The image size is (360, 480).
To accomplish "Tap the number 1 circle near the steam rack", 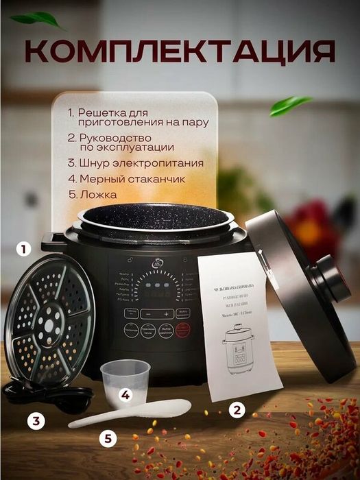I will click(x=26, y=249).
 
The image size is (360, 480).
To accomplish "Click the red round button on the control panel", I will click(x=182, y=331).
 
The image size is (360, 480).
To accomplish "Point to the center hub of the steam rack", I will click(x=49, y=319).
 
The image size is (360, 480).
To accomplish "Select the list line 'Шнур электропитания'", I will click(x=135, y=163).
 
